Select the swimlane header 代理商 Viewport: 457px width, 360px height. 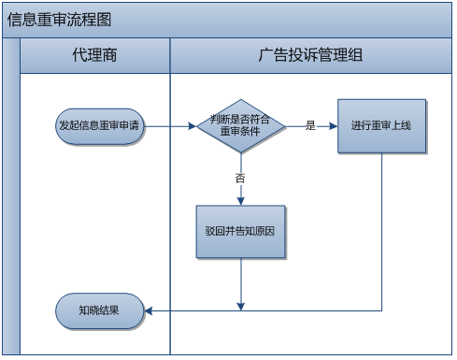tap(94, 56)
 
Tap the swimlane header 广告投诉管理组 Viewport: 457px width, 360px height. tap(310, 56)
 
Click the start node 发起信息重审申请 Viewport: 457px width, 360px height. tap(99, 125)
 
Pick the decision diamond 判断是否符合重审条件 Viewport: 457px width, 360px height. tap(241, 125)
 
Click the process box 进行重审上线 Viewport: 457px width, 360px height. tap(381, 125)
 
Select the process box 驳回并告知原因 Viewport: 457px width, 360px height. tap(240, 230)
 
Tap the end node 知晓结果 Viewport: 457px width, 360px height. tap(99, 310)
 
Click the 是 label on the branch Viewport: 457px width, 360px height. tap(309, 125)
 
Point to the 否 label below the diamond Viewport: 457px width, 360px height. tap(240, 177)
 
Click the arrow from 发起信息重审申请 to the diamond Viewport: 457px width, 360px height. tap(170, 125)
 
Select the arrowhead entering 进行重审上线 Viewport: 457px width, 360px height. tap(333, 125)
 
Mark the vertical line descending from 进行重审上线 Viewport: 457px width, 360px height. tap(382, 234)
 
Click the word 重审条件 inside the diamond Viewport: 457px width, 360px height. tap(240, 132)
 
